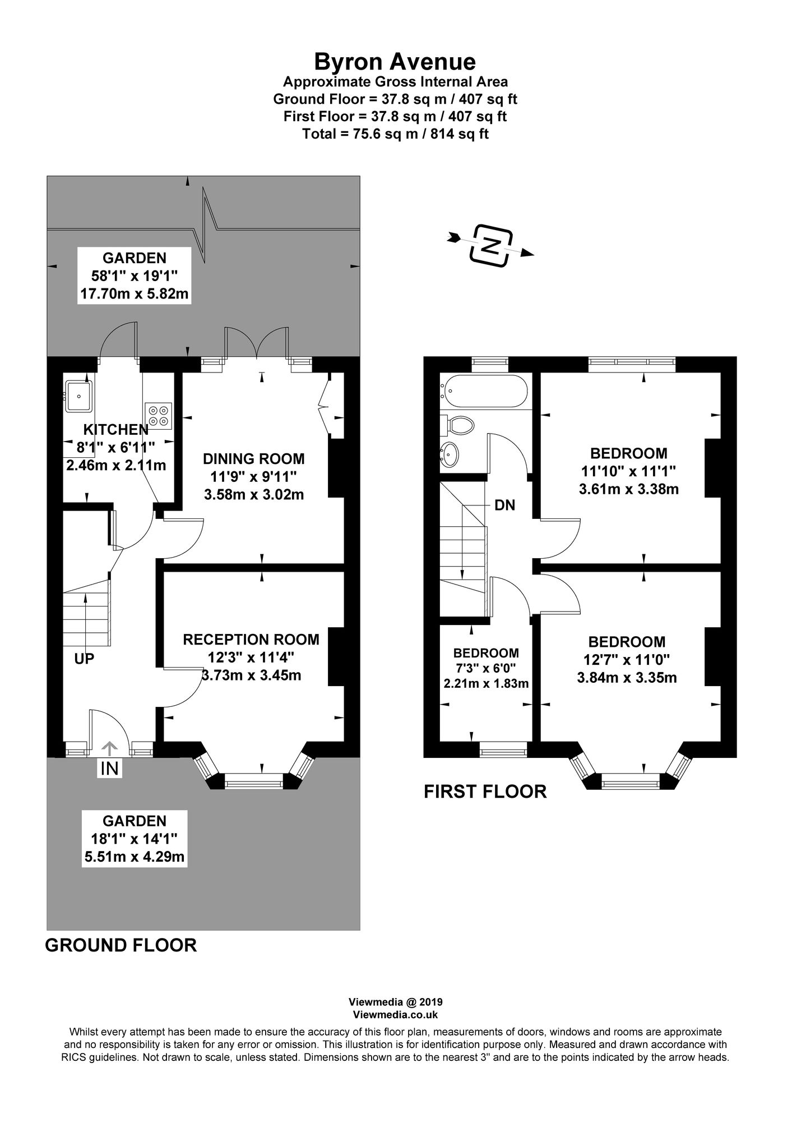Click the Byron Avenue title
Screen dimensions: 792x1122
pyautogui.click(x=395, y=61)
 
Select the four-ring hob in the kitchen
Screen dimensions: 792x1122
pyautogui.click(x=158, y=415)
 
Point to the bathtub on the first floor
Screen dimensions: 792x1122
pyautogui.click(x=485, y=390)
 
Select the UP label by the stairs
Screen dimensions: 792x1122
pyautogui.click(x=84, y=659)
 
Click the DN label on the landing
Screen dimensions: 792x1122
pyautogui.click(x=504, y=505)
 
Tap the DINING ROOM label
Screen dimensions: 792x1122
pyautogui.click(x=253, y=459)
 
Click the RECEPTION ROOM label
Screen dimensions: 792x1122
pyautogui.click(x=251, y=640)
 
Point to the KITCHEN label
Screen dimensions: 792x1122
pyautogui.click(x=116, y=430)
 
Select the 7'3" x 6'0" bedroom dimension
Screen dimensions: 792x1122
pyautogui.click(x=486, y=669)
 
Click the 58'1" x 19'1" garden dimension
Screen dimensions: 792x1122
pyautogui.click(x=134, y=275)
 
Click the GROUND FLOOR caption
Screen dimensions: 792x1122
pyautogui.click(x=121, y=945)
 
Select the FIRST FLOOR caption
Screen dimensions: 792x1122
pyautogui.click(x=485, y=792)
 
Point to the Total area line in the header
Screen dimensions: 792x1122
pyautogui.click(x=395, y=134)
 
